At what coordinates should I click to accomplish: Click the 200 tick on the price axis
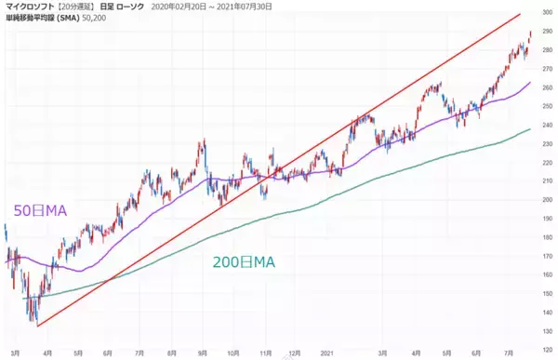[x=545, y=199]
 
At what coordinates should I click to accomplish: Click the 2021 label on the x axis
[x=325, y=353]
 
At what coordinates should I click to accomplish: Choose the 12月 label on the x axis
[x=296, y=353]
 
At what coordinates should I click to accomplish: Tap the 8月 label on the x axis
[x=170, y=353]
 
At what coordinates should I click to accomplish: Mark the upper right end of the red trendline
[x=519, y=15]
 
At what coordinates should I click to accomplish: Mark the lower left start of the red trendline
[x=35, y=326]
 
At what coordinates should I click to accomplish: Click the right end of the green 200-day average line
[x=530, y=128]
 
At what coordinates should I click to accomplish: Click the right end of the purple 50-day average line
[x=530, y=82]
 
